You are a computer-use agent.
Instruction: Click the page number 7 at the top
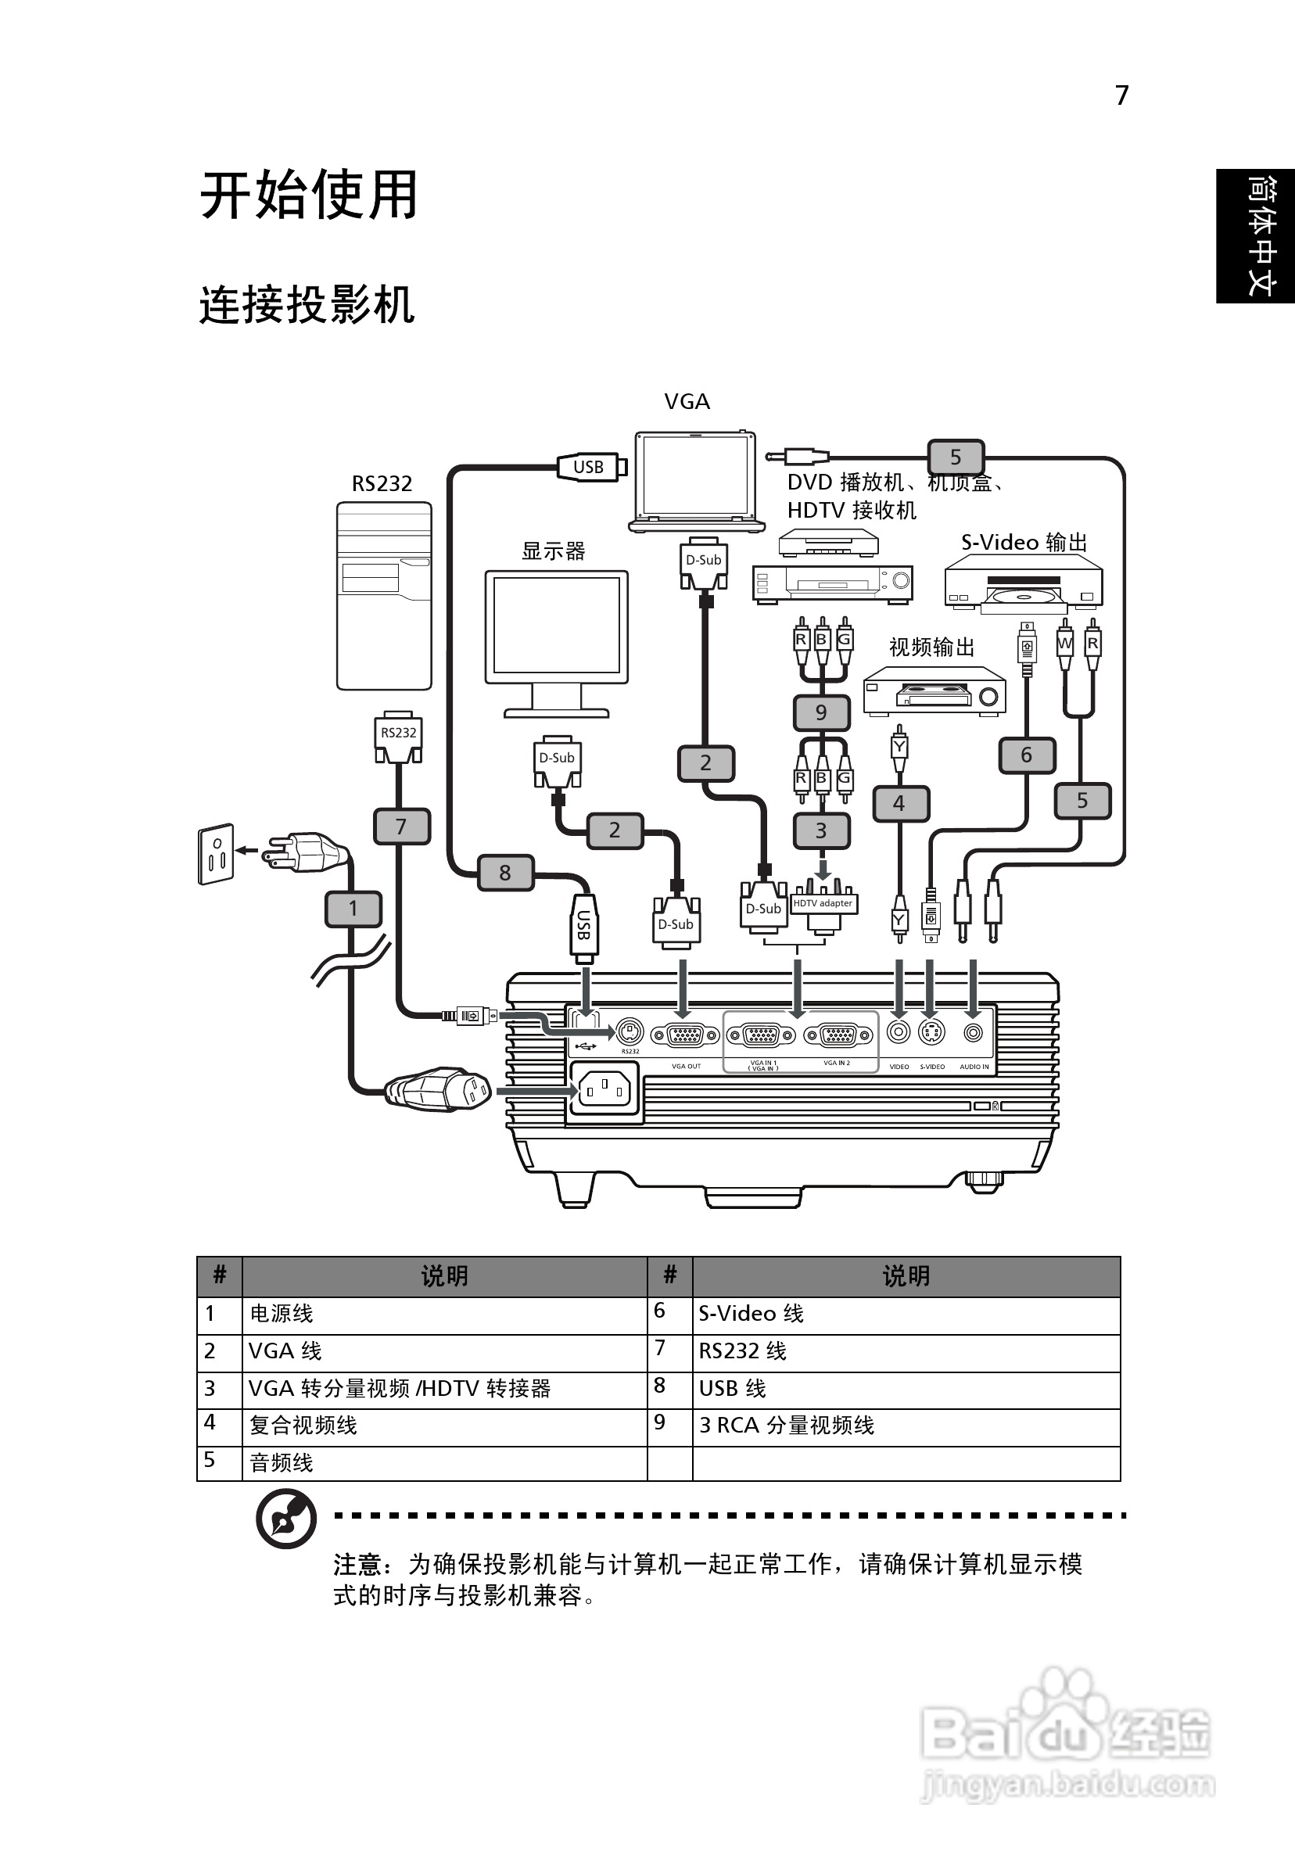1122,95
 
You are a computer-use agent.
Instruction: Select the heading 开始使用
308,195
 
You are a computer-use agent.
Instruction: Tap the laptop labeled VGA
695,482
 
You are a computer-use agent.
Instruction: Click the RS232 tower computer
384,596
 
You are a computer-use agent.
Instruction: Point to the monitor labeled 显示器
557,640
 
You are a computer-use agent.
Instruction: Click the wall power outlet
215,855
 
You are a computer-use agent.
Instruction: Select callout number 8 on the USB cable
505,873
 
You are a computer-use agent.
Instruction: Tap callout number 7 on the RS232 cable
400,827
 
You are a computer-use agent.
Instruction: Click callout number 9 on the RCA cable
820,712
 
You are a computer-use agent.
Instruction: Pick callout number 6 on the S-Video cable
1026,755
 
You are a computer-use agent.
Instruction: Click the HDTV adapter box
823,904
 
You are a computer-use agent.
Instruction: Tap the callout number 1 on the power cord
353,908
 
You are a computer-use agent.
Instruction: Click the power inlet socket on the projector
604,1090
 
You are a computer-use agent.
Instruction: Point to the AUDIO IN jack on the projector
974,1033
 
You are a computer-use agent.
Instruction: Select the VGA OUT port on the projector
686,1035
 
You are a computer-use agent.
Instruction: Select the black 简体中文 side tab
1255,235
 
